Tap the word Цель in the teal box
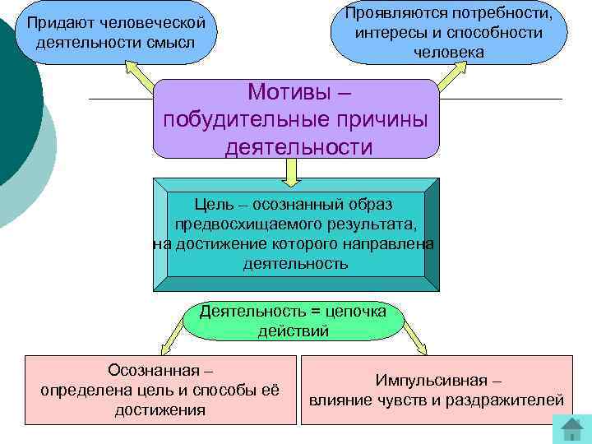(212, 203)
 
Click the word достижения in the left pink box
(160, 409)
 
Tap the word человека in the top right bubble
(449, 51)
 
